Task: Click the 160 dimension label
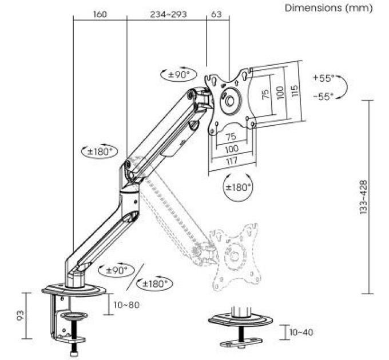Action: click(100, 14)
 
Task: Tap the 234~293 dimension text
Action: click(168, 14)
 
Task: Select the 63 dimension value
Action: click(216, 14)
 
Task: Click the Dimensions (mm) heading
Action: click(328, 8)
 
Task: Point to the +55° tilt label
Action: click(324, 78)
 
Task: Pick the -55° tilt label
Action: click(324, 96)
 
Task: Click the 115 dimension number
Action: click(295, 91)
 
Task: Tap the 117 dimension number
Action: click(232, 161)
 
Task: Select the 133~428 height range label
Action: click(363, 197)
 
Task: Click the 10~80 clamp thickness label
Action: click(126, 305)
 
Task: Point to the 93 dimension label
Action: click(21, 315)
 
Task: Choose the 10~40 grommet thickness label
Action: click(301, 332)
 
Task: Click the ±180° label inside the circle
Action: click(238, 187)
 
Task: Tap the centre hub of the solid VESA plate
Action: click(230, 101)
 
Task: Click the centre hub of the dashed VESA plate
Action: click(235, 257)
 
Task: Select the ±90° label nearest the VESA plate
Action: click(178, 75)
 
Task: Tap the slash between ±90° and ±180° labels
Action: click(134, 277)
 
